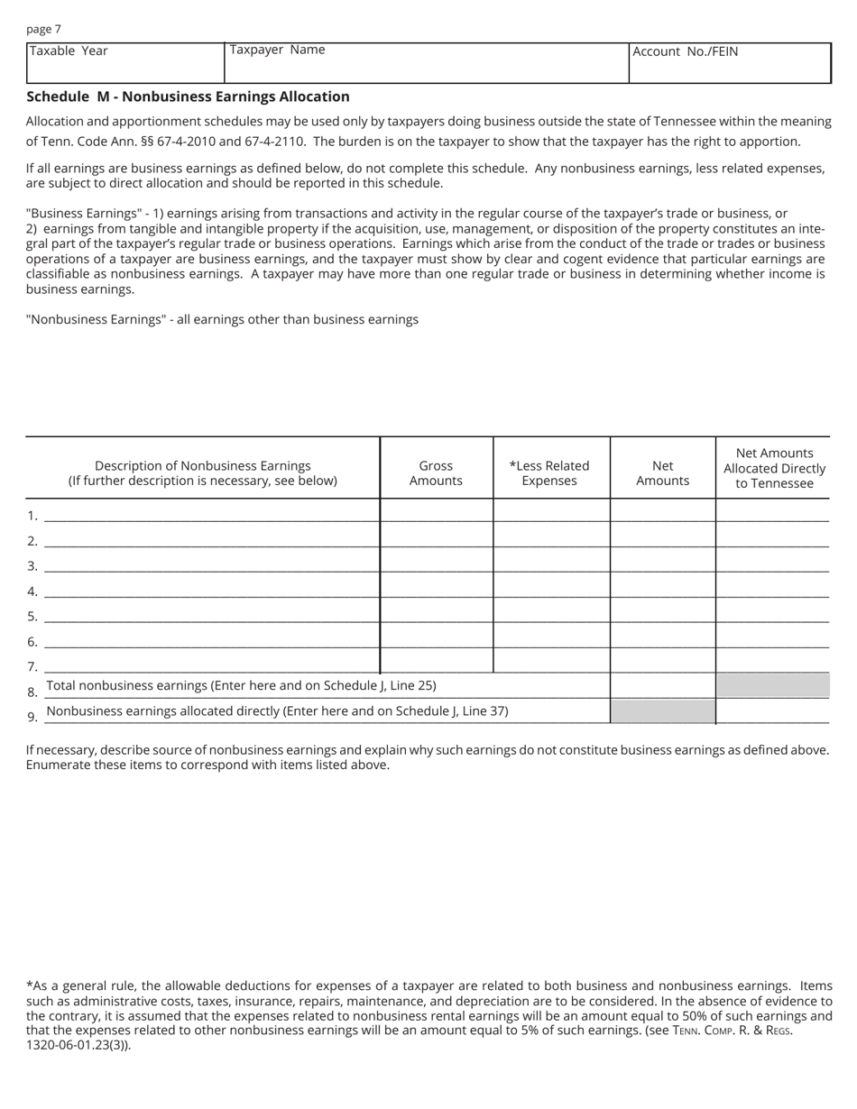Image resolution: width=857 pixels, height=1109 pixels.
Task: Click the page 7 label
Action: (43, 29)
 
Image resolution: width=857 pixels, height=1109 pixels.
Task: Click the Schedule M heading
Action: (188, 96)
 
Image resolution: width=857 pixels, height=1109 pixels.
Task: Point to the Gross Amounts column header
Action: (436, 473)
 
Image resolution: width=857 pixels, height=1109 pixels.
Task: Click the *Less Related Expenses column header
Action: (549, 473)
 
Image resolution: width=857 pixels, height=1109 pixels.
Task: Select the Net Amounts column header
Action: (662, 473)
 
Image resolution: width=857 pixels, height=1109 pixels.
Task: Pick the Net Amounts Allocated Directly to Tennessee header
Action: (774, 468)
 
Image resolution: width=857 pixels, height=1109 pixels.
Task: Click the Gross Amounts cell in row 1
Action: (437, 510)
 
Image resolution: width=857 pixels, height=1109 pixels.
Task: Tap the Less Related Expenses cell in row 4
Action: (551, 586)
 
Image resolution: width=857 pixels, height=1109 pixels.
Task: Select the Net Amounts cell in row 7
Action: (662, 661)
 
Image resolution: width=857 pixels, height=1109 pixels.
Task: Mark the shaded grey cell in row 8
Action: (773, 685)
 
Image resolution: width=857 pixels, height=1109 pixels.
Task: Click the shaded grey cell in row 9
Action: (662, 711)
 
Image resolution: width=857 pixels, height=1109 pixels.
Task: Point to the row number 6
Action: (32, 642)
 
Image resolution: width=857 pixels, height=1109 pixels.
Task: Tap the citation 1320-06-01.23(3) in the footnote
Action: (78, 1046)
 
